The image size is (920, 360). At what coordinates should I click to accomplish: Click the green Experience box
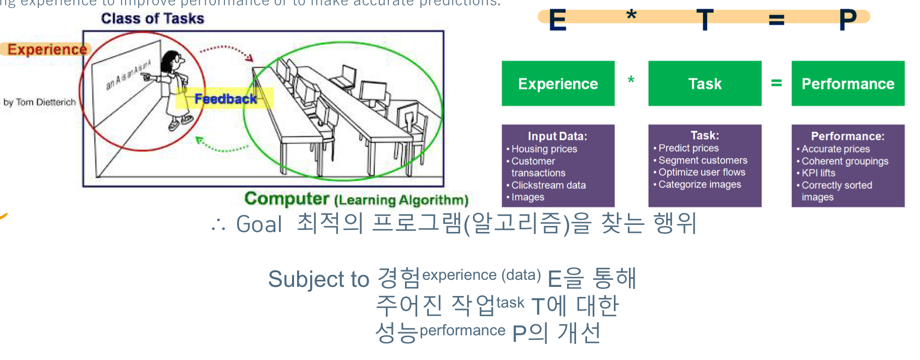click(x=558, y=84)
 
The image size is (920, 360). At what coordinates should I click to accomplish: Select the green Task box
click(x=705, y=84)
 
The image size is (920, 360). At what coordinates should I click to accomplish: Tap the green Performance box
click(x=848, y=84)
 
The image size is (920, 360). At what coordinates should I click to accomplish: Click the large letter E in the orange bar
click(x=557, y=20)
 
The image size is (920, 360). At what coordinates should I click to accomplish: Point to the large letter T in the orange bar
click(x=705, y=20)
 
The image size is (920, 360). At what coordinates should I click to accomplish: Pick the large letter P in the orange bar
click(x=847, y=20)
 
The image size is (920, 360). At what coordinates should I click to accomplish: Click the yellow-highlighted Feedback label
click(x=225, y=99)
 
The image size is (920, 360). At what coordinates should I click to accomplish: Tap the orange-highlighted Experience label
click(x=47, y=49)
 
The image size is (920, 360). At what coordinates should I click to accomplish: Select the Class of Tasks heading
click(x=152, y=19)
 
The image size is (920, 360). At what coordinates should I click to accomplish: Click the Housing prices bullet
click(x=544, y=149)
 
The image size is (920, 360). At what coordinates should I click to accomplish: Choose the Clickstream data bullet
click(x=548, y=186)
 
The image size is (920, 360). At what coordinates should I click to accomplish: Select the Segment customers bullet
click(x=703, y=160)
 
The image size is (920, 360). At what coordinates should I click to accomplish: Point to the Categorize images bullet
click(x=700, y=185)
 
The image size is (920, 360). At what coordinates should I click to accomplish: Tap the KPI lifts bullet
click(x=818, y=173)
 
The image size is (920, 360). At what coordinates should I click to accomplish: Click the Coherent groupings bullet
click(x=845, y=161)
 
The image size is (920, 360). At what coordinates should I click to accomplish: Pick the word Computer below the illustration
click(x=286, y=199)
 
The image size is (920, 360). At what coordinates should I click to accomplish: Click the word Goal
click(x=259, y=224)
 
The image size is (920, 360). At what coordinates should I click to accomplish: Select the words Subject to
click(x=318, y=279)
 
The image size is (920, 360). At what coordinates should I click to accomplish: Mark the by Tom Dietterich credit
click(x=39, y=102)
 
